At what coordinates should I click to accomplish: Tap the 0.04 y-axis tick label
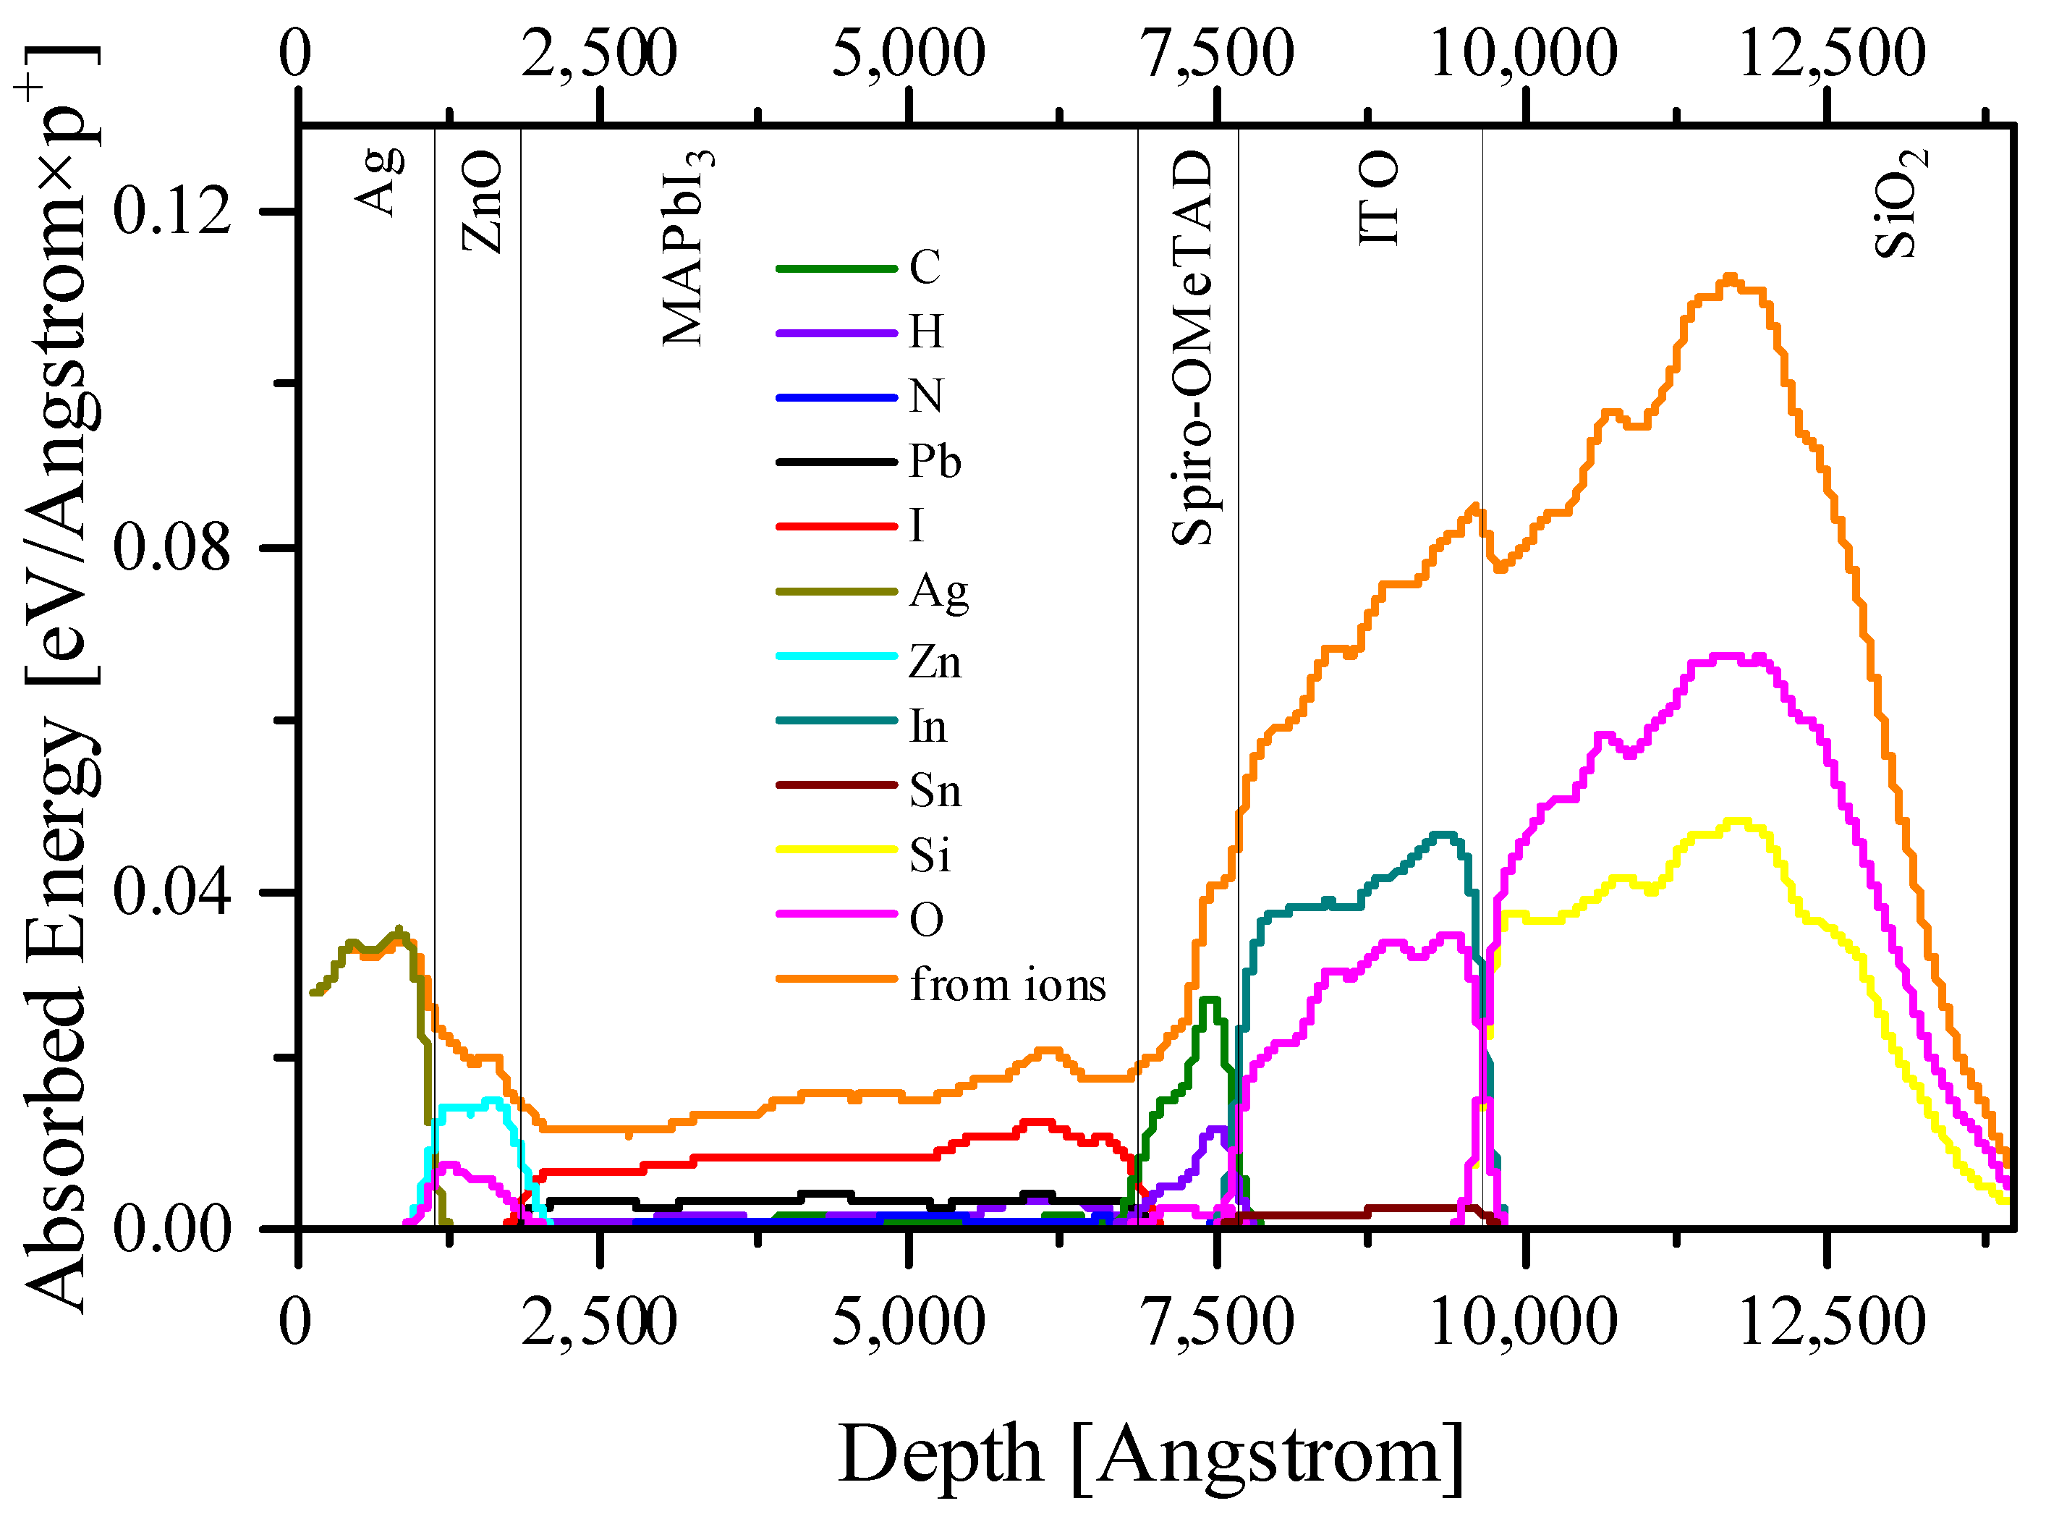click(171, 892)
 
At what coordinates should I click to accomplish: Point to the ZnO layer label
click(482, 203)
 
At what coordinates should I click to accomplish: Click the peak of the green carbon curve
click(1210, 1000)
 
